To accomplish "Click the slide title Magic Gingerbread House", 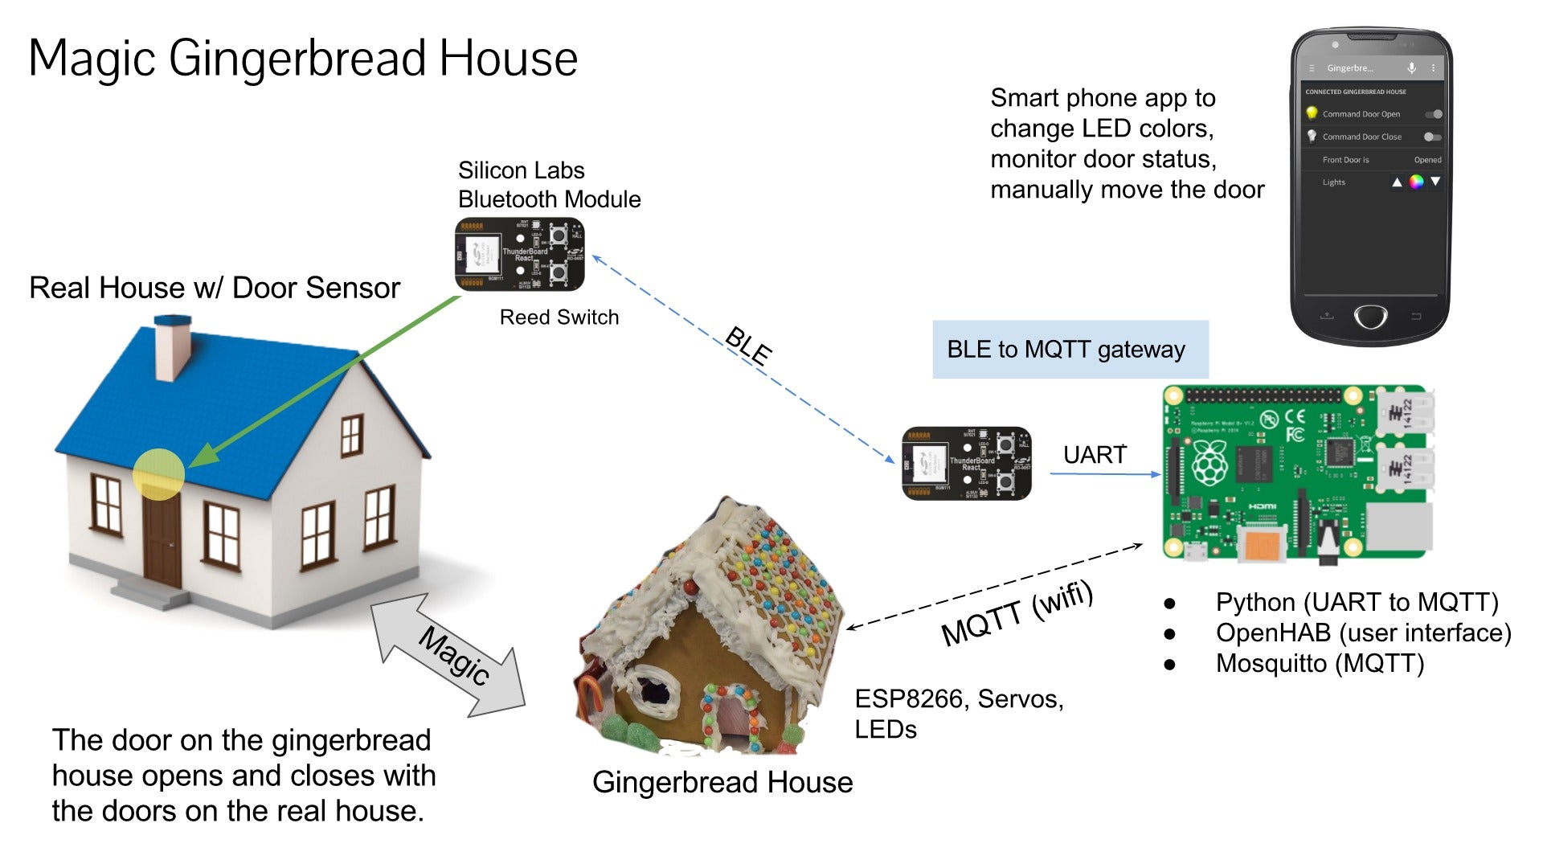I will (x=303, y=58).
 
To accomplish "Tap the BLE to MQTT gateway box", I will (x=1070, y=350).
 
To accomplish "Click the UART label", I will (x=1095, y=455).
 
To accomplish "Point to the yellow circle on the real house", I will (x=159, y=474).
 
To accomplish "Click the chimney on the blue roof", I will (x=173, y=347).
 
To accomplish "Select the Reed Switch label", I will (x=559, y=317).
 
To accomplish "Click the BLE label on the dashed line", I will (x=748, y=346).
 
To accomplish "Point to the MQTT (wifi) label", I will (x=1017, y=613).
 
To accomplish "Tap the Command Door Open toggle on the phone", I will (x=1433, y=114).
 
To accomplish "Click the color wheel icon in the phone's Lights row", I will (x=1416, y=182).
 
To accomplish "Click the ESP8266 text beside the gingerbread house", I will (x=909, y=699).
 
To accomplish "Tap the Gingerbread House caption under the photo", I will (x=722, y=782).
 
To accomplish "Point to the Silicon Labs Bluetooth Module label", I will (x=549, y=185).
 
